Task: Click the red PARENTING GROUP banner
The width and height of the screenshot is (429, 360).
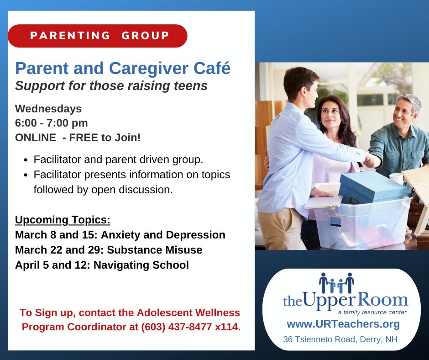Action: (98, 36)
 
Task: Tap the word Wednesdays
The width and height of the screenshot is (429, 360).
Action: (48, 109)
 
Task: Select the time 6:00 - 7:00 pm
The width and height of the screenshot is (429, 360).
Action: (52, 123)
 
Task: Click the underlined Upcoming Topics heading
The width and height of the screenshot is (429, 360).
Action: (63, 220)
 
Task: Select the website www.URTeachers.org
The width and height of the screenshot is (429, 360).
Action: (343, 324)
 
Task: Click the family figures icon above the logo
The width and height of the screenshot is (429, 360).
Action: (336, 283)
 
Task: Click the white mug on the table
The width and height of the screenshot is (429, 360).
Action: (397, 178)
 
